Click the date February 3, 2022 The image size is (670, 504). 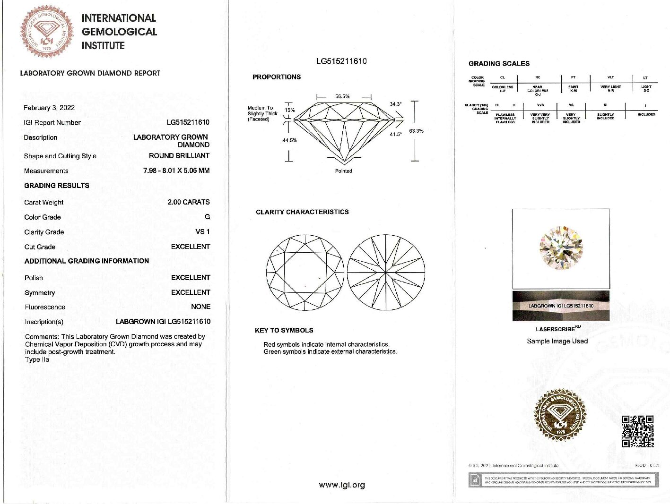pos(49,108)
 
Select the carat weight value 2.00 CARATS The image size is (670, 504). pos(188,202)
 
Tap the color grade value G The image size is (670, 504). pos(207,217)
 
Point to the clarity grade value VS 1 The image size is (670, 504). pos(202,231)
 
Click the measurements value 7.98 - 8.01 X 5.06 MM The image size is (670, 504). pos(176,171)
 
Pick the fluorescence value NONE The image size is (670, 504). pos(200,307)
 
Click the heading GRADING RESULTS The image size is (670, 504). pos(57,186)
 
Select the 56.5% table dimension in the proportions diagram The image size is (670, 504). pos(342,96)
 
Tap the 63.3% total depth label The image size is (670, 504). pos(416,131)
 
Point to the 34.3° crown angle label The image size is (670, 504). pos(396,104)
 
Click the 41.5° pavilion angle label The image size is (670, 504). pos(396,135)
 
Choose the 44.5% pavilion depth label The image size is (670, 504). pos(289,140)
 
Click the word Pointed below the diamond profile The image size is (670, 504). pos(343,171)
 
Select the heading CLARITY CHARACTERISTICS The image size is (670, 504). pos(302,212)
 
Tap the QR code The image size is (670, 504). pos(637,431)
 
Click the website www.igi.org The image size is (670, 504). pos(342,485)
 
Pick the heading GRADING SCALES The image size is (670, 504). pos(499,63)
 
